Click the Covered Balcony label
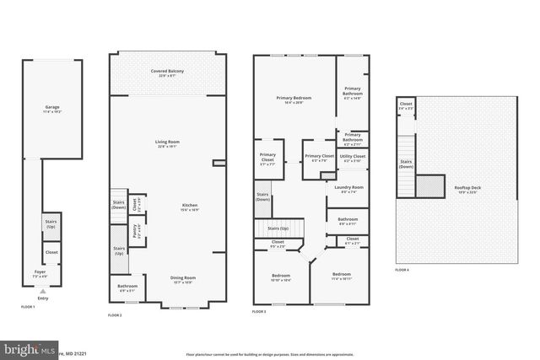pyautogui.click(x=168, y=73)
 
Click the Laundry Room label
pyautogui.click(x=348, y=189)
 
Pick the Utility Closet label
pyautogui.click(x=353, y=158)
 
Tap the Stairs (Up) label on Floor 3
pyautogui.click(x=278, y=228)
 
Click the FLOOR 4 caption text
pyautogui.click(x=402, y=270)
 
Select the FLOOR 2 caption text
pyautogui.click(x=116, y=314)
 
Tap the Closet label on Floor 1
pyautogui.click(x=51, y=251)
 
